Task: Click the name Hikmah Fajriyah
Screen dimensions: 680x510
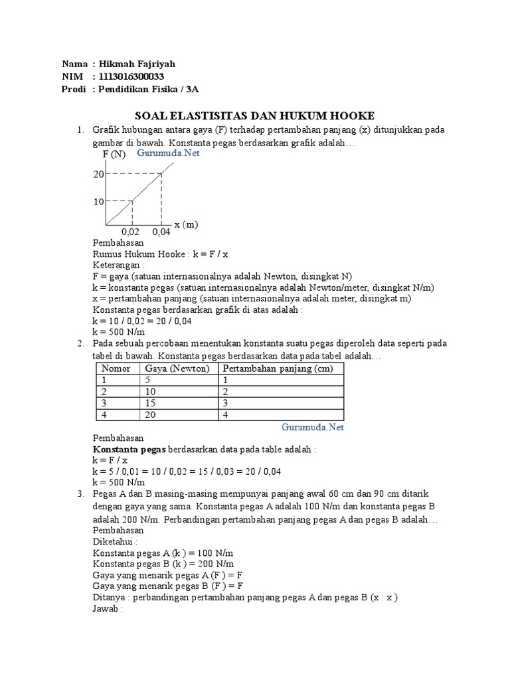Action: click(x=137, y=64)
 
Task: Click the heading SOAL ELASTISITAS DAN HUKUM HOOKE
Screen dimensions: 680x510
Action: click(x=254, y=116)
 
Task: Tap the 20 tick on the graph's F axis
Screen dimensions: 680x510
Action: click(x=99, y=175)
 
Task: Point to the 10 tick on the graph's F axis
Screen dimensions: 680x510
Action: click(x=99, y=201)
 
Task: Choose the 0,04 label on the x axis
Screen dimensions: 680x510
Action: click(x=161, y=232)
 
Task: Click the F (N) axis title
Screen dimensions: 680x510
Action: click(x=114, y=155)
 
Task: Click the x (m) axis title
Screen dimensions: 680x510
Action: click(x=187, y=224)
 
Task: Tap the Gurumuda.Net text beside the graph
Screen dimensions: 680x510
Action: click(x=168, y=153)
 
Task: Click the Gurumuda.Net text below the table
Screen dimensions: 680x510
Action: click(x=313, y=427)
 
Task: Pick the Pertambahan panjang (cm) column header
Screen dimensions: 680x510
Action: click(x=278, y=369)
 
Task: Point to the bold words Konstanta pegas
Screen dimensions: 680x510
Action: click(x=129, y=449)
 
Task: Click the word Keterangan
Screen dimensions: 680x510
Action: click(x=118, y=265)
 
